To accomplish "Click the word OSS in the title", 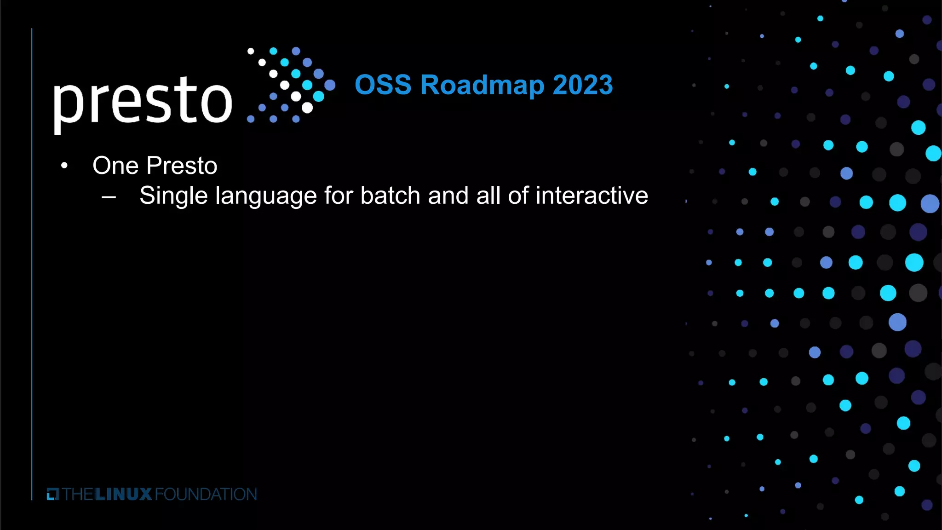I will [x=383, y=85].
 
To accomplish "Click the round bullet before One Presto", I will [x=64, y=166].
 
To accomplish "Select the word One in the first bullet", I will [x=115, y=166].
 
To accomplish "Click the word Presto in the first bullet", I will [x=182, y=166].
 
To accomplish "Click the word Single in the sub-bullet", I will [x=173, y=196].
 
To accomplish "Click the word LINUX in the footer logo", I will [x=123, y=495].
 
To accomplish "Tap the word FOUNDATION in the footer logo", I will [x=206, y=495].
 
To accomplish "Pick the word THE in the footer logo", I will [x=78, y=495].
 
